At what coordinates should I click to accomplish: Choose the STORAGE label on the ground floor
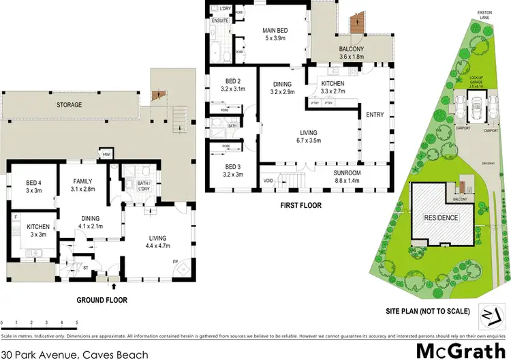70,105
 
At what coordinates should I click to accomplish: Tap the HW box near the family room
106,153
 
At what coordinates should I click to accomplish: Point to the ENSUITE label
220,21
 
